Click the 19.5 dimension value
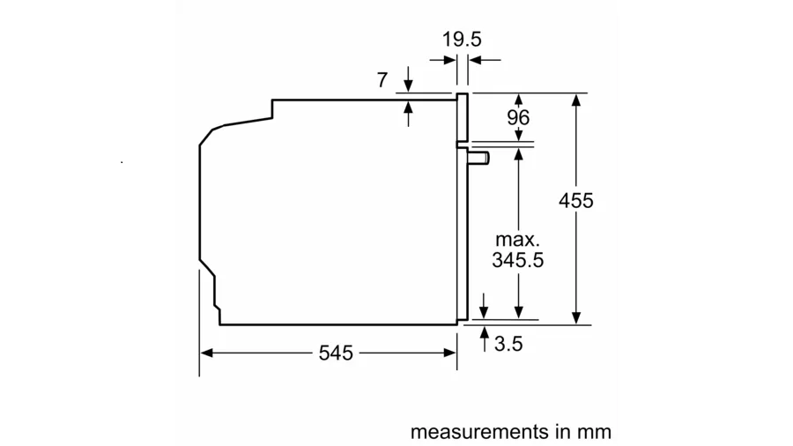462,39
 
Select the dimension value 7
382,80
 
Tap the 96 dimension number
518,117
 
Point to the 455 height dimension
575,201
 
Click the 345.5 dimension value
518,260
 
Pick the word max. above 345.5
518,239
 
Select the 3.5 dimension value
508,344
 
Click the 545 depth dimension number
336,353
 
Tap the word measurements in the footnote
479,432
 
